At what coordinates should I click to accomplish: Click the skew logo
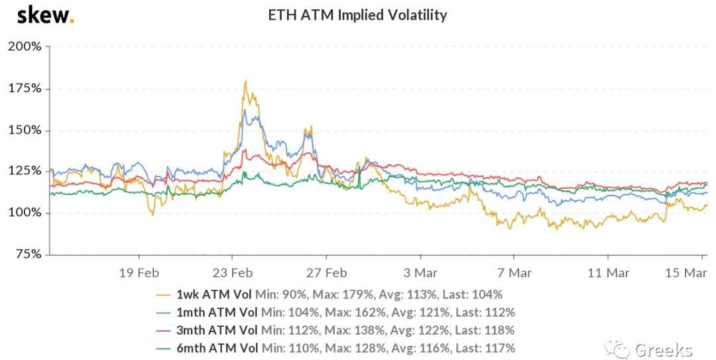click(44, 15)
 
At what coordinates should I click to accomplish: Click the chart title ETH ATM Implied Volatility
click(357, 15)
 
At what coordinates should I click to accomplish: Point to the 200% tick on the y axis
click(25, 46)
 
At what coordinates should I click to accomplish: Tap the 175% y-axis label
click(25, 88)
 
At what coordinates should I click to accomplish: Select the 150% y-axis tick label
click(25, 130)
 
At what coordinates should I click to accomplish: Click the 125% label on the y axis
click(25, 171)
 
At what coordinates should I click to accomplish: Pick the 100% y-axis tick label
click(25, 213)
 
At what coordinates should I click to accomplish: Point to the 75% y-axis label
click(27, 255)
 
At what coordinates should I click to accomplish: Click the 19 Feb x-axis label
click(139, 272)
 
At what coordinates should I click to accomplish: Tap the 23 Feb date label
click(233, 272)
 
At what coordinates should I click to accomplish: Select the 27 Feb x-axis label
click(328, 272)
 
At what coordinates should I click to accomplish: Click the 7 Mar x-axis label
click(515, 272)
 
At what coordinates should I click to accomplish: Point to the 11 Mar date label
click(609, 272)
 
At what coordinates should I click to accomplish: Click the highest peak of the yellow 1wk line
click(246, 82)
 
